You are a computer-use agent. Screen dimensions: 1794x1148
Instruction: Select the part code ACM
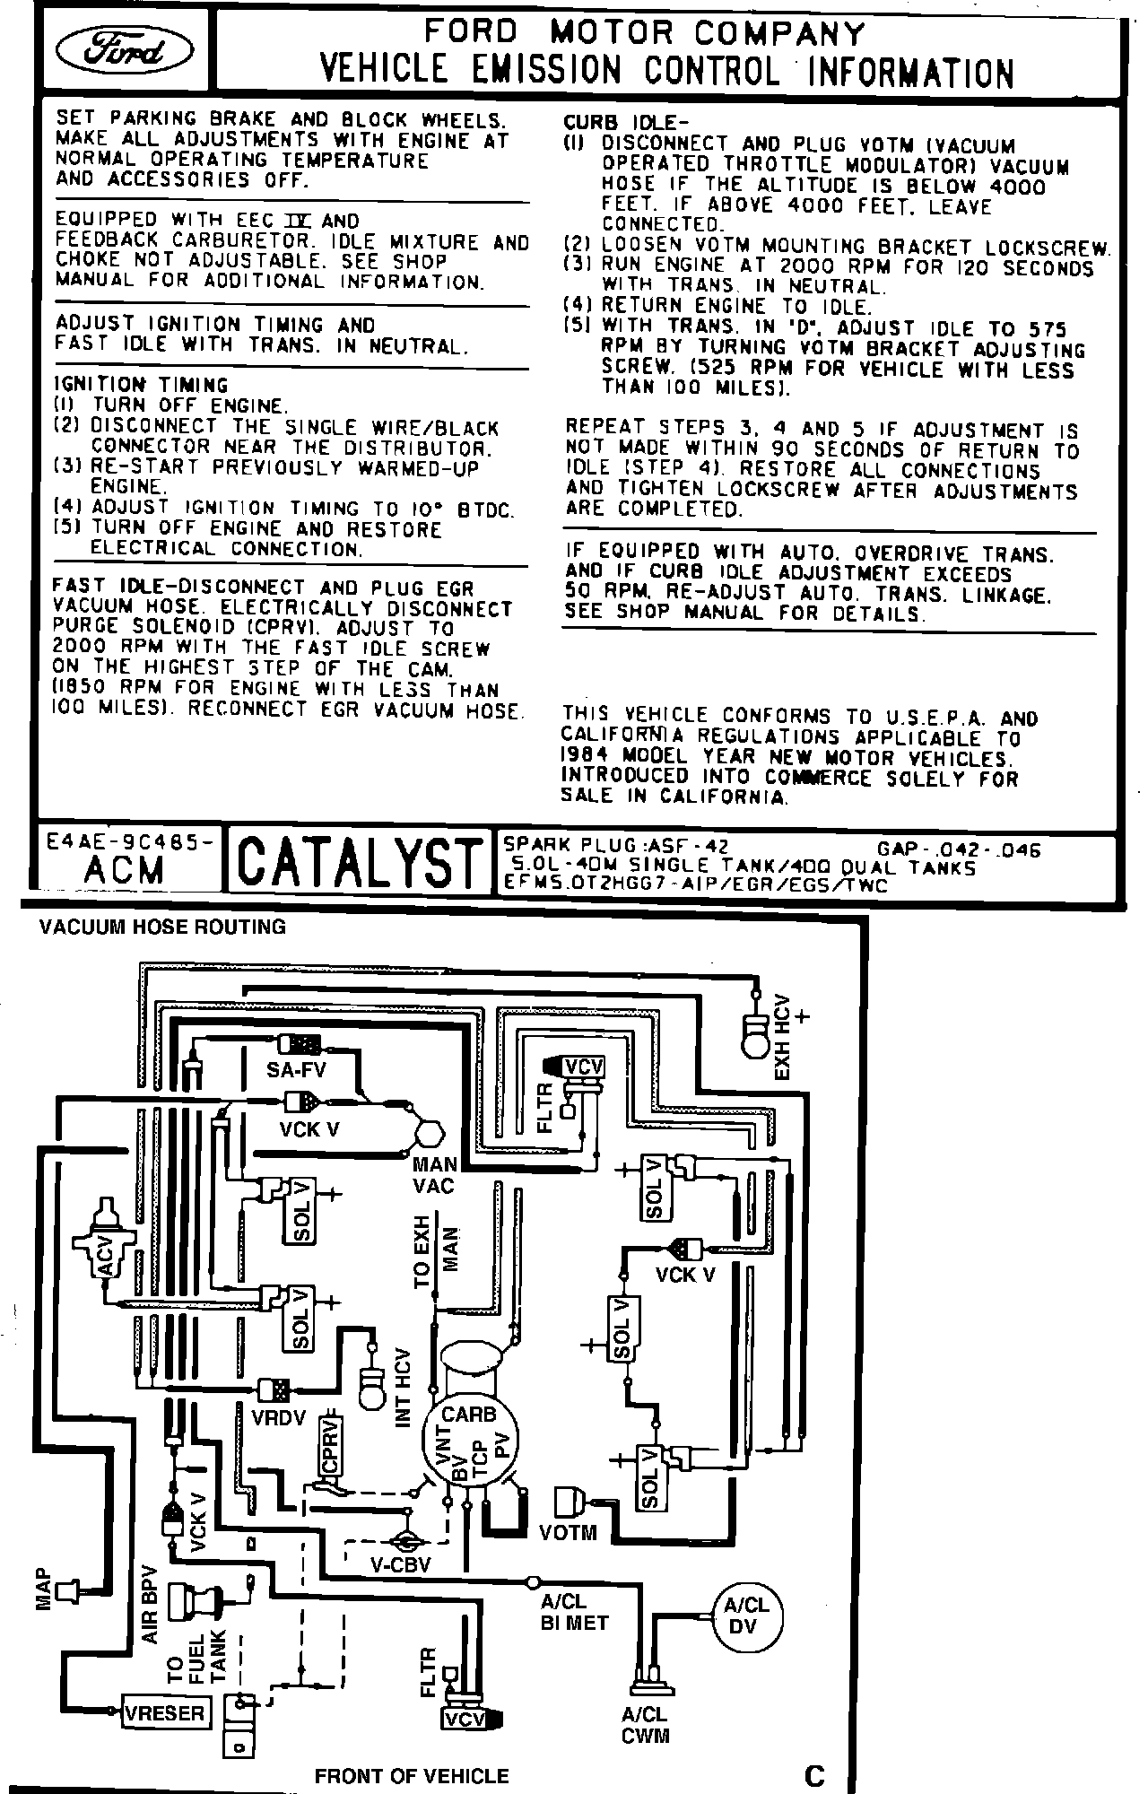pos(126,870)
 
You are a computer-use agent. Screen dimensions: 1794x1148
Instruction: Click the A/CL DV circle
pos(746,1617)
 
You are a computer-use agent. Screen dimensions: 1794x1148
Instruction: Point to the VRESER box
pos(164,1713)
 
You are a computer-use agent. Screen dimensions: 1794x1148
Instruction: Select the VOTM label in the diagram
pos(568,1532)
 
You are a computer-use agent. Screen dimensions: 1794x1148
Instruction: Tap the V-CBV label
pos(401,1565)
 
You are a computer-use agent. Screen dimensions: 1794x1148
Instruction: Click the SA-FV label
pos(296,1068)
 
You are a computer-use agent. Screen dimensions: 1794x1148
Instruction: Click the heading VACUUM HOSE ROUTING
pos(162,927)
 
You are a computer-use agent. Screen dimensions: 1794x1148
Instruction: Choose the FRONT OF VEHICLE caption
pos(412,1775)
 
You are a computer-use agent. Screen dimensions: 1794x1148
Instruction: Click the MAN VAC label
pos(434,1175)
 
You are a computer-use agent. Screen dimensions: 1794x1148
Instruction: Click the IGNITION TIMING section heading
pos(142,385)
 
